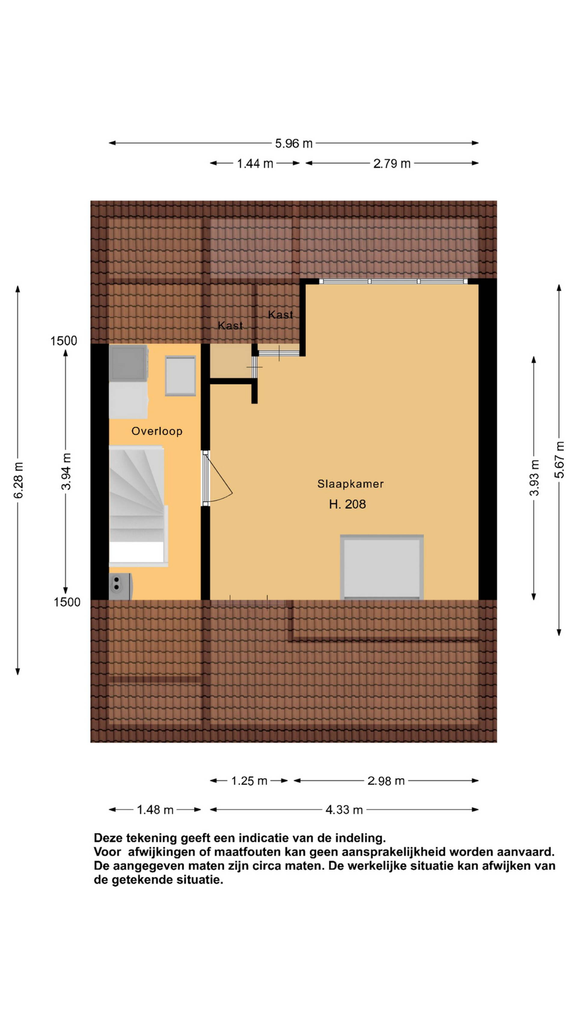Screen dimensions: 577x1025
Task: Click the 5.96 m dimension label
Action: pos(294,143)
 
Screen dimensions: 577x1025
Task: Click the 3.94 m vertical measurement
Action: pos(66,472)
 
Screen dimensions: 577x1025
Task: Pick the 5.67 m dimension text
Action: pos(560,459)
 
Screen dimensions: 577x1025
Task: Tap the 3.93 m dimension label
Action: pos(534,478)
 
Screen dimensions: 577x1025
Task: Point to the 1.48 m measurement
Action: pos(155,810)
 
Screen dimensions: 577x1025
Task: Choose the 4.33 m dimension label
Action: pos(344,810)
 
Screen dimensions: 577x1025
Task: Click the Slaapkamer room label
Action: pos(350,484)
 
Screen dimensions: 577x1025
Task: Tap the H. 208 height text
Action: pos(347,505)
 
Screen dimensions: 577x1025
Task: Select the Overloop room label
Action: pos(157,431)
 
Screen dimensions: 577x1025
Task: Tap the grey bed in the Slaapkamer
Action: pos(381,567)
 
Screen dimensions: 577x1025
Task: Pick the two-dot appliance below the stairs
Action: pos(120,586)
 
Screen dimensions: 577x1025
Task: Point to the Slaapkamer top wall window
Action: pos(393,281)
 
